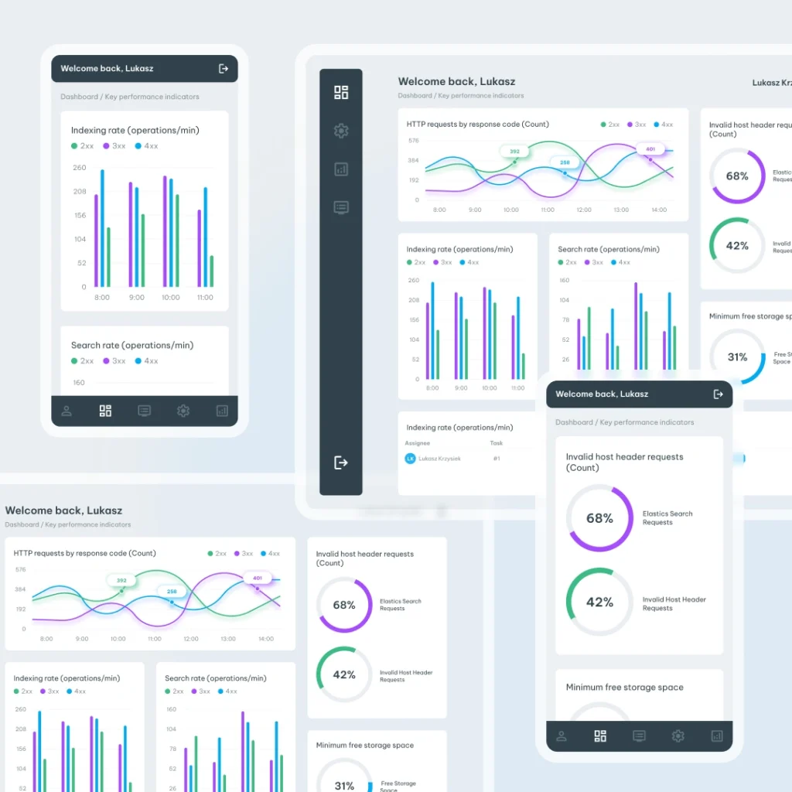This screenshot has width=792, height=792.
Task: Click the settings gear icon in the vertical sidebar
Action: click(x=341, y=131)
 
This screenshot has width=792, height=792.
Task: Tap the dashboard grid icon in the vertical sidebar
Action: click(x=341, y=93)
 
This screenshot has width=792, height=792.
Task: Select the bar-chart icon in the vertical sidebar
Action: click(x=341, y=169)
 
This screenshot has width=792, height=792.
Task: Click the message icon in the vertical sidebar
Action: click(x=341, y=207)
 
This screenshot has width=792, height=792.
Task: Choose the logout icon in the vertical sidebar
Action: click(x=340, y=463)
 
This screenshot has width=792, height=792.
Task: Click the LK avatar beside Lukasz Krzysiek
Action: click(x=410, y=459)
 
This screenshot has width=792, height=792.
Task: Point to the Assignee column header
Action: click(x=417, y=443)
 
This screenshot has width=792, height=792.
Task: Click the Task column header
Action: click(x=497, y=443)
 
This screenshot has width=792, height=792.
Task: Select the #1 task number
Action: click(x=497, y=459)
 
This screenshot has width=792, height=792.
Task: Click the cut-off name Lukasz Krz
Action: click(x=771, y=83)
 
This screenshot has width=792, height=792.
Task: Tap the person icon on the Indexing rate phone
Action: click(x=67, y=411)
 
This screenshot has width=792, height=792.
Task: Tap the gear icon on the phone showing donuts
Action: click(x=678, y=736)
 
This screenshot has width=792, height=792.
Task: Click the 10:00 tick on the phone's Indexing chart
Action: click(x=170, y=298)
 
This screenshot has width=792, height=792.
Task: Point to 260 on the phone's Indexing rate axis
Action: click(x=80, y=168)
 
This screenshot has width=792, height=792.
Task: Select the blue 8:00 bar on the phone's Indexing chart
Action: click(x=102, y=228)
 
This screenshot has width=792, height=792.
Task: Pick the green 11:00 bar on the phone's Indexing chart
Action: click(x=211, y=271)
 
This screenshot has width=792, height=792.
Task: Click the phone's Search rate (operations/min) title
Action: click(x=132, y=346)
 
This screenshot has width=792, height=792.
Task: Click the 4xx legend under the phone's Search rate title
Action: click(x=146, y=361)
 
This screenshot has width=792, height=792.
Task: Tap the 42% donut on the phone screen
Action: click(x=599, y=602)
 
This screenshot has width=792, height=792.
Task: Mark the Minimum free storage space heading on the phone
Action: click(x=624, y=688)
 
